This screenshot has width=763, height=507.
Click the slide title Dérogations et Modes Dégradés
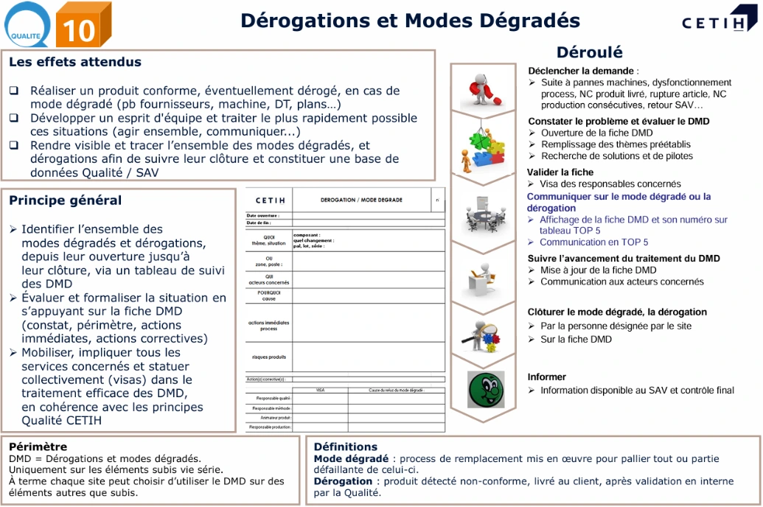pyautogui.click(x=410, y=21)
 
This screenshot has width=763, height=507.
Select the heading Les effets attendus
pyautogui.click(x=75, y=62)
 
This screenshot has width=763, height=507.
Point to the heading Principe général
pyautogui.click(x=65, y=200)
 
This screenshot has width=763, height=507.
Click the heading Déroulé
pyautogui.click(x=589, y=52)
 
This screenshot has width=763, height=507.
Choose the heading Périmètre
pyautogui.click(x=38, y=446)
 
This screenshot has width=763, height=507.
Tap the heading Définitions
pyautogui.click(x=345, y=446)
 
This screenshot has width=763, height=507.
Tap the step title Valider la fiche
pyautogui.click(x=560, y=172)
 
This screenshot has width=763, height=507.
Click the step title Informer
pyautogui.click(x=546, y=377)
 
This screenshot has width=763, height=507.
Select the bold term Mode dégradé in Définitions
pyautogui.click(x=351, y=458)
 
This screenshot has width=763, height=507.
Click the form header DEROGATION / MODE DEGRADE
pyautogui.click(x=361, y=200)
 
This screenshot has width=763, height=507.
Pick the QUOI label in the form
pyautogui.click(x=268, y=237)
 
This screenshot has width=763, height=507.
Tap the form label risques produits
pyautogui.click(x=268, y=357)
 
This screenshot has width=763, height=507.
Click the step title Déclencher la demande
pyautogui.click(x=582, y=71)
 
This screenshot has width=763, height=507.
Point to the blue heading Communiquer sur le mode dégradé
pyautogui.click(x=619, y=197)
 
